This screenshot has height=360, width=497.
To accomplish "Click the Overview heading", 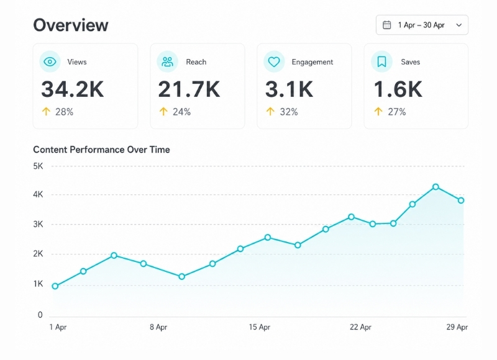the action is (x=71, y=25).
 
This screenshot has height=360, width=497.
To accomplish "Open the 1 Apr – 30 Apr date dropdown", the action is (x=422, y=25).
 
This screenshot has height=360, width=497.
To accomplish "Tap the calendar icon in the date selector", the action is (x=386, y=25).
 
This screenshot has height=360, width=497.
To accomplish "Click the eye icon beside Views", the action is (x=50, y=61).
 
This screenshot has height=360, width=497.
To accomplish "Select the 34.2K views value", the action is (x=72, y=89).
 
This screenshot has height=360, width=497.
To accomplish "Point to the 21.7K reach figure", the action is (x=189, y=89).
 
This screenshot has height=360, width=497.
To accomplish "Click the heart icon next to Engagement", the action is (x=274, y=61).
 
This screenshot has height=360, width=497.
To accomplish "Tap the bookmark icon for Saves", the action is (x=381, y=61).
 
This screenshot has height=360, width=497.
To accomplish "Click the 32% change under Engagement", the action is (x=289, y=112).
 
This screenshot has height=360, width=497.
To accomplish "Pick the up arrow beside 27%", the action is (x=378, y=112).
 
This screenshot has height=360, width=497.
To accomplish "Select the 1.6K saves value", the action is (x=398, y=89).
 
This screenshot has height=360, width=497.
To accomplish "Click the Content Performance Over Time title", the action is (x=101, y=150).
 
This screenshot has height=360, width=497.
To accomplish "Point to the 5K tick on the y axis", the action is (x=38, y=166).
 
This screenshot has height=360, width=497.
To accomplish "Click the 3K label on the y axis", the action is (x=38, y=224).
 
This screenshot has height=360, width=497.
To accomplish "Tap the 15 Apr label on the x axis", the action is (x=259, y=327).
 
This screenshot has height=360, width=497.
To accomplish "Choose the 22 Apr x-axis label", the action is (x=360, y=327).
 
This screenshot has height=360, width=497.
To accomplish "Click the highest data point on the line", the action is (x=436, y=187).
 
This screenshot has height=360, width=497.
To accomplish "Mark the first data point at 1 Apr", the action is (x=55, y=286).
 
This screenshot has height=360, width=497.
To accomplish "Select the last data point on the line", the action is (x=461, y=200).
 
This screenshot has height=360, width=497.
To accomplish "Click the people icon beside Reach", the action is (x=167, y=61).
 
